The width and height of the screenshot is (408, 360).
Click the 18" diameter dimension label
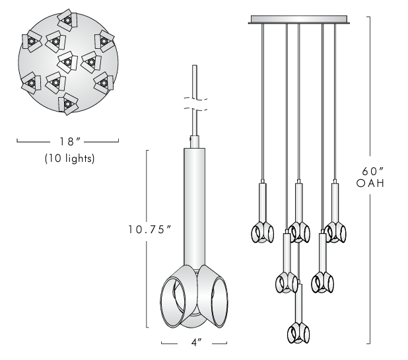69,141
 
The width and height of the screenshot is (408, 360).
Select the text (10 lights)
69,159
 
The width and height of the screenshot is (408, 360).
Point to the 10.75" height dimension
151,229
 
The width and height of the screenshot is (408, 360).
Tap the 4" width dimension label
195,343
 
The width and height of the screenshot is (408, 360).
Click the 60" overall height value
370,168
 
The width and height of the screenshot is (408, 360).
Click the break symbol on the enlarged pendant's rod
195,104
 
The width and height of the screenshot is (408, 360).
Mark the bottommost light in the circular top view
67,104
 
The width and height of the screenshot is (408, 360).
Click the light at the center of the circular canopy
67,63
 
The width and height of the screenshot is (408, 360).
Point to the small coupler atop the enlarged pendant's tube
195,141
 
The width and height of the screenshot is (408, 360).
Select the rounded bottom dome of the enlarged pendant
195,322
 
